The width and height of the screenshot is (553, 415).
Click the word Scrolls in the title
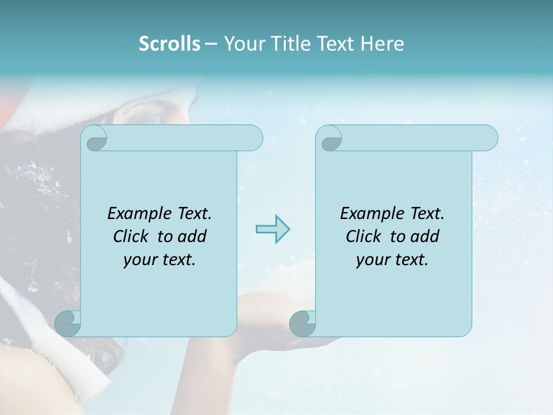coord(170,44)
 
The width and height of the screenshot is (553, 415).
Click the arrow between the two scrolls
coord(272,229)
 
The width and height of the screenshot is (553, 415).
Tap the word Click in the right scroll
coord(363,236)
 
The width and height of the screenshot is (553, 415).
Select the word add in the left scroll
coord(192,236)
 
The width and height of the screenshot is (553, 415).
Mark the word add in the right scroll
coord(425,236)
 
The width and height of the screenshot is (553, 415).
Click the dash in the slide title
coord(211,44)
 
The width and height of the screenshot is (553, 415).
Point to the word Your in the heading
coord(242,44)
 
